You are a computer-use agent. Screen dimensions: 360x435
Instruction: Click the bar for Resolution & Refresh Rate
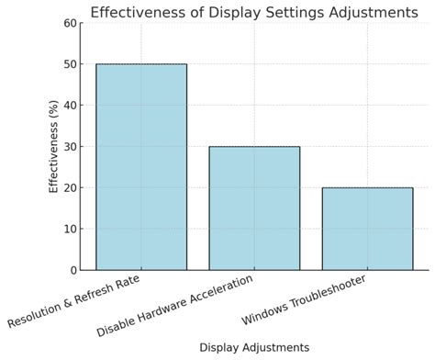141,166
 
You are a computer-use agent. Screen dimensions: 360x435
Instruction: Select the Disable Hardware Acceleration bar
254,208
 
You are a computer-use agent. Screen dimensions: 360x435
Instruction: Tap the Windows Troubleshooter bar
367,228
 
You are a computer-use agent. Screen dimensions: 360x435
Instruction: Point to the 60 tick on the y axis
70,23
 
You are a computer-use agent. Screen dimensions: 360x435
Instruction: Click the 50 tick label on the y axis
70,64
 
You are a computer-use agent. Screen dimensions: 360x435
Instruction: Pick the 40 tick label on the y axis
70,106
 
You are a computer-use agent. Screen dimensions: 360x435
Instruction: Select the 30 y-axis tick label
70,147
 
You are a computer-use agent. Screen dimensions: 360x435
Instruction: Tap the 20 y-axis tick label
70,187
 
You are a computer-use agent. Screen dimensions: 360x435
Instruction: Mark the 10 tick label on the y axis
70,229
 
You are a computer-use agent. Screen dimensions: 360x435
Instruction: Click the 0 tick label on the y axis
73,270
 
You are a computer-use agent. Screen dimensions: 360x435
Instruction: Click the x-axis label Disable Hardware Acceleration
174,306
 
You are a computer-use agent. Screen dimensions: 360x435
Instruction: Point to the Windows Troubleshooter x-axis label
303,300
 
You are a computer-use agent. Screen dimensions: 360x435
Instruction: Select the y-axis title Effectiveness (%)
52,147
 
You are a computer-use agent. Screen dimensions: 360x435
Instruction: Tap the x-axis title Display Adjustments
254,347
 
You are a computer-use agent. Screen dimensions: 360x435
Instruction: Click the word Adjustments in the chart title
372,12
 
